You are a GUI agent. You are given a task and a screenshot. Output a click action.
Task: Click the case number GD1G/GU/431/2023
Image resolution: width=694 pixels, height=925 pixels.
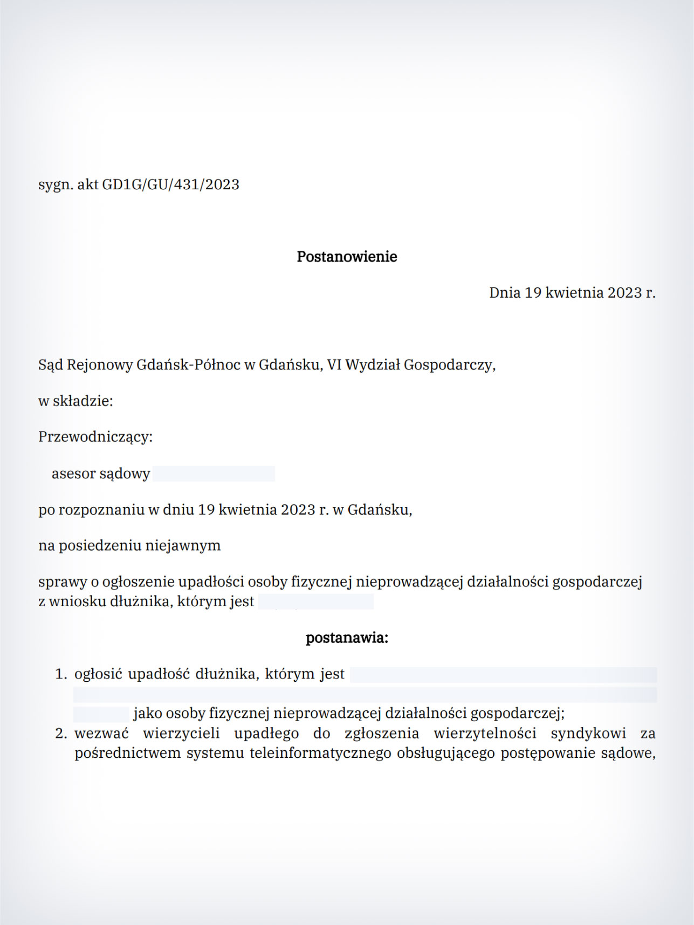click(170, 184)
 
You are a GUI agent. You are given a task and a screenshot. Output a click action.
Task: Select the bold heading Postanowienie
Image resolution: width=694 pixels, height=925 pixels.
click(347, 257)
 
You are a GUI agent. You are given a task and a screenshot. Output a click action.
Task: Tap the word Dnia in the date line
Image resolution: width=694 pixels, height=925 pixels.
click(505, 293)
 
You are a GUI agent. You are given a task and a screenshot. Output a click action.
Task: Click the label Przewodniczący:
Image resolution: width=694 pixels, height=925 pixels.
click(95, 437)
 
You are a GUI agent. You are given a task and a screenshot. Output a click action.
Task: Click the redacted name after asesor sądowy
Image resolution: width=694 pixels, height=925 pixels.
click(214, 474)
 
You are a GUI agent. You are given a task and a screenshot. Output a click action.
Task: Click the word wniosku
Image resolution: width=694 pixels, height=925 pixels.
click(78, 601)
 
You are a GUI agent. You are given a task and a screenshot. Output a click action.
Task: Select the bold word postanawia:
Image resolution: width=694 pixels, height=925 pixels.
click(347, 638)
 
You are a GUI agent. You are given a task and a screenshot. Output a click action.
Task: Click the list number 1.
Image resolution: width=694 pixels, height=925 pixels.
click(60, 674)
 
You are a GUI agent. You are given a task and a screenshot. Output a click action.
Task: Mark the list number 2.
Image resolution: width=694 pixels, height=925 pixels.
click(60, 734)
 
